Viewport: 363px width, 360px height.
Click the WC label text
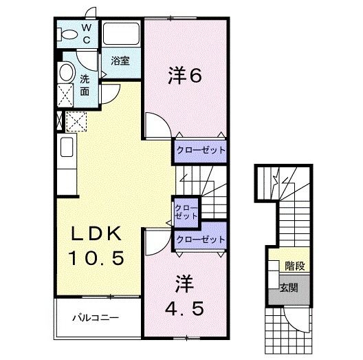[x=87, y=34]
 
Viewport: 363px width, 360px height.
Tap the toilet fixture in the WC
[x=69, y=34]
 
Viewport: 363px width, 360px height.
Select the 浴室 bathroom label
[x=120, y=61]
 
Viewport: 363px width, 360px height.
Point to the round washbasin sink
[x=66, y=72]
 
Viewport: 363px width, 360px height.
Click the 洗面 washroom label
[x=84, y=84]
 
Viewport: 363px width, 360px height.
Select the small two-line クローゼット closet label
[x=186, y=211]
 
